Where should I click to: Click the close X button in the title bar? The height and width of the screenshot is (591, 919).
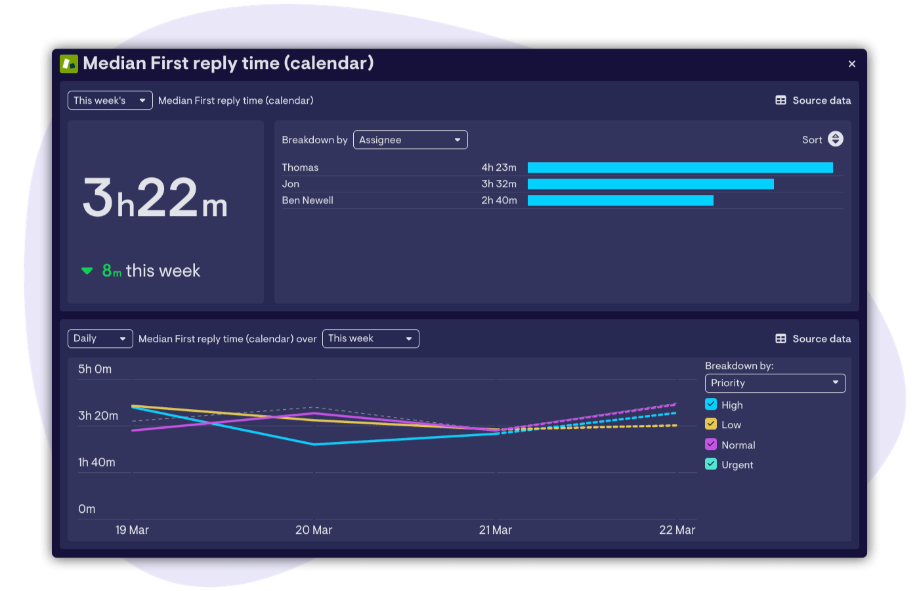(851, 64)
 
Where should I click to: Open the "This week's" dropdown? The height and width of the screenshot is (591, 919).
(110, 100)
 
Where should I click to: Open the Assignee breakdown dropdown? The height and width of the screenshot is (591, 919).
(410, 140)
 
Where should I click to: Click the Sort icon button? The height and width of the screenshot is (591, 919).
(835, 139)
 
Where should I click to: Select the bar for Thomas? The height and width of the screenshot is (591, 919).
(679, 167)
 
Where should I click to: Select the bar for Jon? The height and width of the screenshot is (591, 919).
(650, 184)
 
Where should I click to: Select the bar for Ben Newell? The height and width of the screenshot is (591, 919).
(620, 200)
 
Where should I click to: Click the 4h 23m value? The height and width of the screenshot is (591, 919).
(499, 167)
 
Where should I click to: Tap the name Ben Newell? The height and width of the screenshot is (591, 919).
(307, 200)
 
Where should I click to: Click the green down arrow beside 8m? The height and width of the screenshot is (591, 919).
(87, 271)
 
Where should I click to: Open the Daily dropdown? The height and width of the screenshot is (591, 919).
(100, 338)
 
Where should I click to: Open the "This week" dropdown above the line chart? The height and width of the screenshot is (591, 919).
(370, 338)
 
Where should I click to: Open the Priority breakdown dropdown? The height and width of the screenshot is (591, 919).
(775, 383)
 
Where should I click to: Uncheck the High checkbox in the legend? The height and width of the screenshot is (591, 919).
(711, 405)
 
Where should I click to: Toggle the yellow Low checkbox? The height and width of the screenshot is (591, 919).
(711, 424)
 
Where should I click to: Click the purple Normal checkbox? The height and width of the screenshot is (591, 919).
(711, 445)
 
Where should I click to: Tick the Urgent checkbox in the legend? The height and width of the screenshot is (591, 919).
(711, 464)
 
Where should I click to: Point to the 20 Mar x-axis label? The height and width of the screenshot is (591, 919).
(314, 530)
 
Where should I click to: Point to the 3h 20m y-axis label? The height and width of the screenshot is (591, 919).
(98, 416)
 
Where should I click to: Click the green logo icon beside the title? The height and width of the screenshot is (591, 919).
(69, 64)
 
